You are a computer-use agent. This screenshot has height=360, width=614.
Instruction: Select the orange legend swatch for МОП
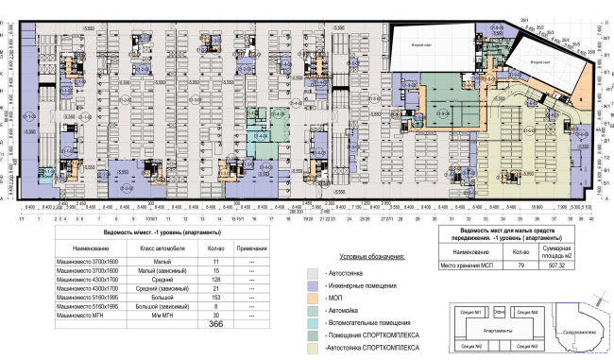tap(314, 299)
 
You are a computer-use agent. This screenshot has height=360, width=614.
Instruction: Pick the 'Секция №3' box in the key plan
tap(528, 344)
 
